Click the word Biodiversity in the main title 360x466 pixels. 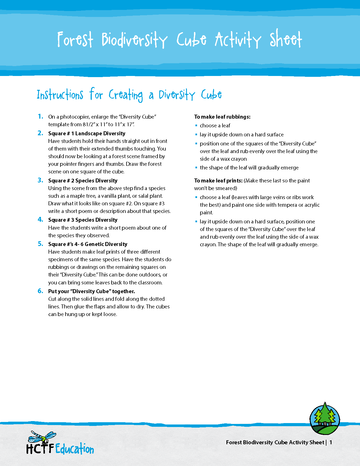[134, 40]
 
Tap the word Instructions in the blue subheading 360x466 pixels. [60, 95]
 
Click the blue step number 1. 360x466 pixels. [40, 116]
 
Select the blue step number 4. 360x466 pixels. [40, 219]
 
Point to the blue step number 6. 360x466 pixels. [40, 291]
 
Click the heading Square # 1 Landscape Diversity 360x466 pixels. [87, 133]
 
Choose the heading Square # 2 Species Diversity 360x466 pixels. [83, 180]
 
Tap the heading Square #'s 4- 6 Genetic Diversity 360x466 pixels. [88, 244]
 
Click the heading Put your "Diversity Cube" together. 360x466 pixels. [91, 291]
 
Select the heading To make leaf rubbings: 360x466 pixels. [222, 117]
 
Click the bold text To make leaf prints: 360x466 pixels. [218, 180]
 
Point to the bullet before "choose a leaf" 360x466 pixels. [196, 125]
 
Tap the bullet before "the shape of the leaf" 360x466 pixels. [196, 167]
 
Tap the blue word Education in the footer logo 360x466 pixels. [75, 449]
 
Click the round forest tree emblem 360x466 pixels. [325, 419]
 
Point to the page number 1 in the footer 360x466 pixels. [331, 442]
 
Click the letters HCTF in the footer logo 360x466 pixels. [40, 449]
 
